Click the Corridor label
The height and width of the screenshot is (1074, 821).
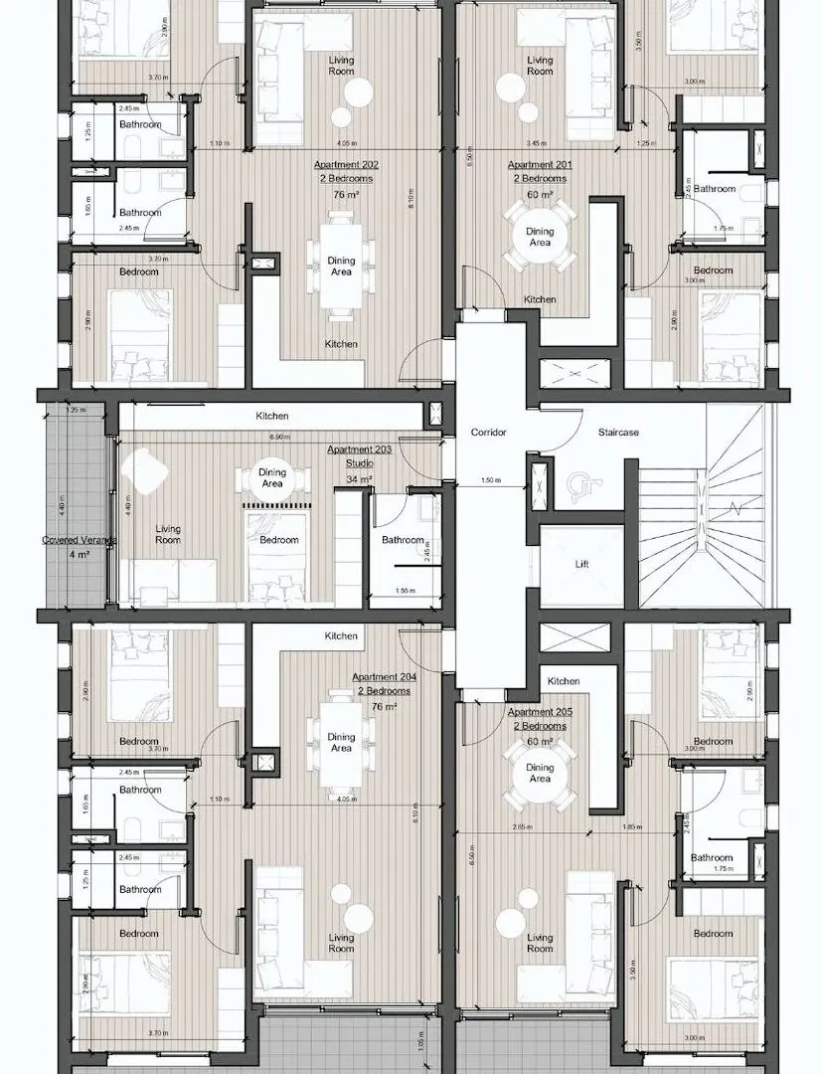(x=489, y=433)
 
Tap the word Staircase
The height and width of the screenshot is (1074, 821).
(x=618, y=433)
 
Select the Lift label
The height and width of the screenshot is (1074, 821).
(x=581, y=564)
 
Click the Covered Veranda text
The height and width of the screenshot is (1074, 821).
(x=79, y=540)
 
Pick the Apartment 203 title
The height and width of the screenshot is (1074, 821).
(x=360, y=449)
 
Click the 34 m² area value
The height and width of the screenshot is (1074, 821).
(x=359, y=479)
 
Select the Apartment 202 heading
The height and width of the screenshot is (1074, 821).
(x=346, y=165)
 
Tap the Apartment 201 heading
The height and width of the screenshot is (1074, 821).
(x=540, y=165)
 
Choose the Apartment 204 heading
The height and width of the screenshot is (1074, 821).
(x=385, y=677)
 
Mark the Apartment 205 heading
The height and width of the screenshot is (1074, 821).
(x=538, y=713)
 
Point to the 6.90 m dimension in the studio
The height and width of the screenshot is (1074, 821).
(x=279, y=437)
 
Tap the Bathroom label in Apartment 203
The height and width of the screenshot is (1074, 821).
(x=403, y=540)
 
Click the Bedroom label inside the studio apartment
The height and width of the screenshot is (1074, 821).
(x=279, y=540)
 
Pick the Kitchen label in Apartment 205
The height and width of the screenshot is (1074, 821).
(x=564, y=681)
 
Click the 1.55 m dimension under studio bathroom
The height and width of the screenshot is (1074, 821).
(x=404, y=591)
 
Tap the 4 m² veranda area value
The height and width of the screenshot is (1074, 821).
(x=79, y=555)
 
